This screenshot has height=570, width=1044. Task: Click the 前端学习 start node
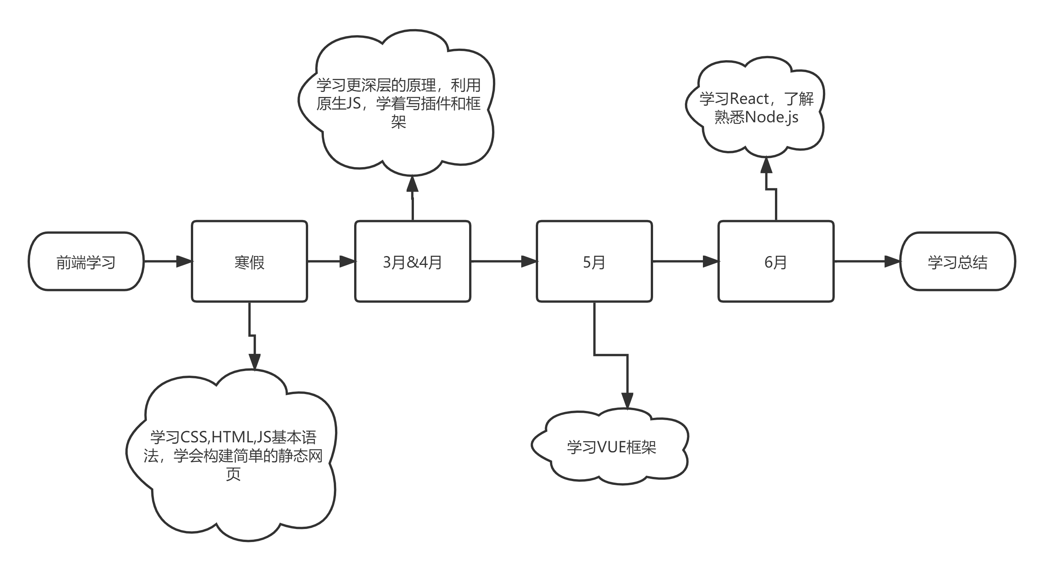click(86, 261)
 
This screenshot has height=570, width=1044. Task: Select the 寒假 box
click(249, 261)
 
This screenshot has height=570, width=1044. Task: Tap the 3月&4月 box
click(412, 261)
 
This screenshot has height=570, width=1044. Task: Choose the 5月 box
click(594, 261)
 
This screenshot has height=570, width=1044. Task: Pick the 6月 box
click(776, 261)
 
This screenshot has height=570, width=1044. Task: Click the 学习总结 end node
click(957, 261)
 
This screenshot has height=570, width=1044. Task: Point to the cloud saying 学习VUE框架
click(611, 447)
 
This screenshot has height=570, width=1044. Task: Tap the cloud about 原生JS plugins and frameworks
click(398, 103)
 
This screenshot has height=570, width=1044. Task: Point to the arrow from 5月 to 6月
click(685, 261)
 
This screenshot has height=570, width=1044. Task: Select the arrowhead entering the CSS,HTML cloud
click(254, 361)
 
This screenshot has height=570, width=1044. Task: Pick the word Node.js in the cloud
click(772, 118)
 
